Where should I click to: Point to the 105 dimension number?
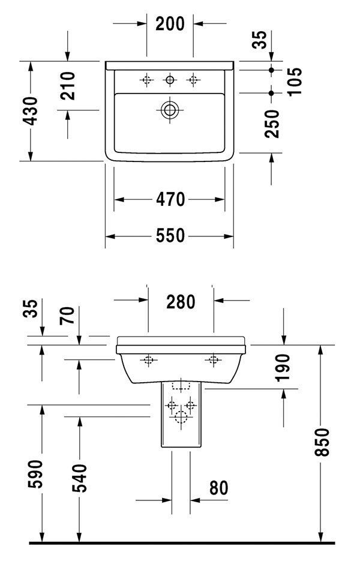pyautogui.click(x=293, y=77)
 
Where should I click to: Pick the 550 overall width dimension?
pyautogui.click(x=170, y=237)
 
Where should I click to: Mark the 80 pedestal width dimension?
pyautogui.click(x=218, y=488)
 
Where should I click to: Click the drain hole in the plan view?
pyautogui.click(x=170, y=110)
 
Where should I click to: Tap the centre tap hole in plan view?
pyautogui.click(x=170, y=79)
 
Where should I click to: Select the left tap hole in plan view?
pyautogui.click(x=146, y=79)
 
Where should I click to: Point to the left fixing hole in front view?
pyautogui.click(x=148, y=360)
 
